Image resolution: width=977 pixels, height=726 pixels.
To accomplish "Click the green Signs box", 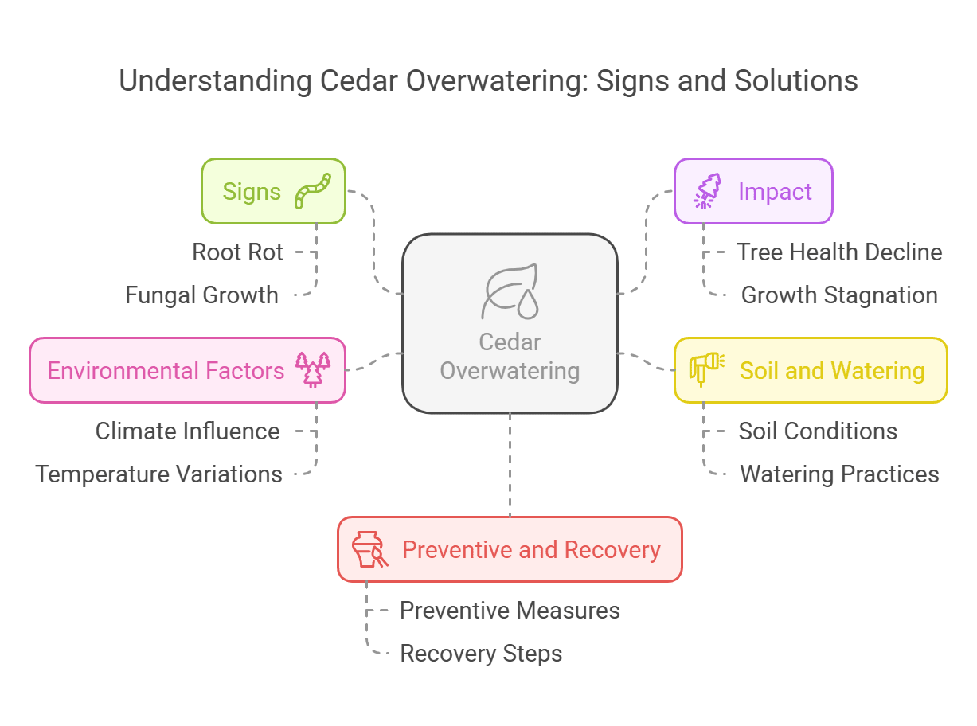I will [273, 191].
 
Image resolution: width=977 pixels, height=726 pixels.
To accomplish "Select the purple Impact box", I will [753, 191].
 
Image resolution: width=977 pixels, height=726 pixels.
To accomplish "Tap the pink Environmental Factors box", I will [187, 370].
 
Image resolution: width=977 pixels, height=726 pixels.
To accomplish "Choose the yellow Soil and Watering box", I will [811, 370].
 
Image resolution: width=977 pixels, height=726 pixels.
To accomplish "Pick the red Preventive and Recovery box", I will [510, 549].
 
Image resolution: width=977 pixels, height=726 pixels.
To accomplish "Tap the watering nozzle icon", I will [707, 370].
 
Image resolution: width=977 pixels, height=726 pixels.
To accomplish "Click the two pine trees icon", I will [312, 370].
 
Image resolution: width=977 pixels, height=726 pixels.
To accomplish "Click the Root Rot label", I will [237, 252].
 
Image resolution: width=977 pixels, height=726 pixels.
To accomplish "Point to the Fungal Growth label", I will [201, 295].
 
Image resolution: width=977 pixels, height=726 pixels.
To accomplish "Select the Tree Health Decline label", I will [839, 252].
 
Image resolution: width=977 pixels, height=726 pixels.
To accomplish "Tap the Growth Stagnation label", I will [839, 295].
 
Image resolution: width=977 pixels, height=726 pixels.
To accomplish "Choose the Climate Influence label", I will [187, 431].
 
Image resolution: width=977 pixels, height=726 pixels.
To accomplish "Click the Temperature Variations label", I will [158, 474].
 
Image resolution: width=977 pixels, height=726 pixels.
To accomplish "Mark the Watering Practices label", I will [839, 474].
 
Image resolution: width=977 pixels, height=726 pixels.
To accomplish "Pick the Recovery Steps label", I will [481, 654].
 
